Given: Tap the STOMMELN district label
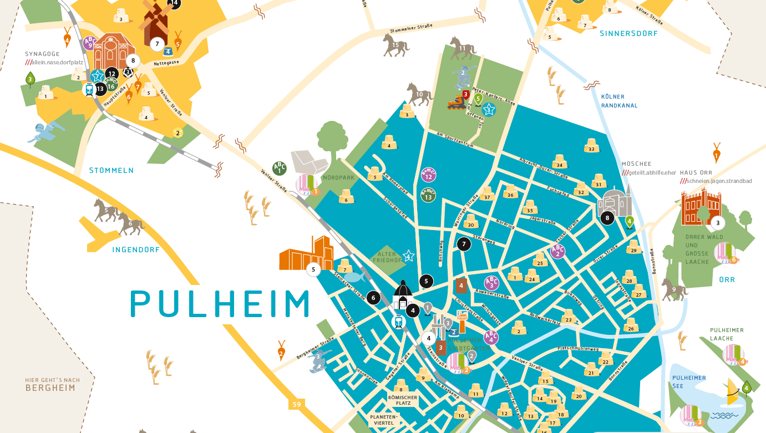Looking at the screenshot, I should tap(111, 170).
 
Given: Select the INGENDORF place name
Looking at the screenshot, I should tap(136, 250).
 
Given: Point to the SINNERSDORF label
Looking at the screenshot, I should tap(628, 34).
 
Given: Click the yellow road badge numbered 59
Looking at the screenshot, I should tap(297, 404).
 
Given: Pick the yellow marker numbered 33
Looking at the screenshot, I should tap(591, 146).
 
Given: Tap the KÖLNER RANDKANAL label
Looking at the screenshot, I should tap(619, 101).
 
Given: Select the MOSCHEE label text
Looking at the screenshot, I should tap(636, 164).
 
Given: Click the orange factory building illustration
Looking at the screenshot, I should tap(304, 253).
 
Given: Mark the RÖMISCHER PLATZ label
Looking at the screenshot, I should tap(403, 400).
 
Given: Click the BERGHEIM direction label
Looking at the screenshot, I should tap(50, 388).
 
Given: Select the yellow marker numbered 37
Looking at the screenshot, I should tap(487, 194).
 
